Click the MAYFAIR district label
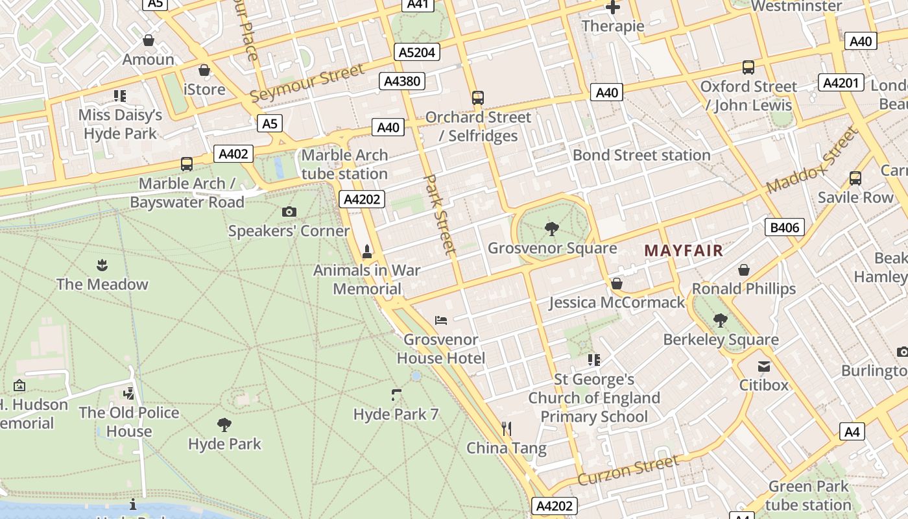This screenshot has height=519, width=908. [683, 250]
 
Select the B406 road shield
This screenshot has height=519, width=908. [785, 227]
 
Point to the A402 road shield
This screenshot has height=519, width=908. [233, 154]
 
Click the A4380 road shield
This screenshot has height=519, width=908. [402, 81]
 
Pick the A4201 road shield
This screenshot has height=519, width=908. [841, 82]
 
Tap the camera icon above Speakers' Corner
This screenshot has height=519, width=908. [289, 211]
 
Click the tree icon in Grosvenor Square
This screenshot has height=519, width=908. [552, 228]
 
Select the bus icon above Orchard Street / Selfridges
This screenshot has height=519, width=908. [478, 98]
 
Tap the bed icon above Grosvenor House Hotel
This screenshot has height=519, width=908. [441, 320]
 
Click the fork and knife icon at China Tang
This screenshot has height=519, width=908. [507, 428]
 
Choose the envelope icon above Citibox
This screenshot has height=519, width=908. [764, 366]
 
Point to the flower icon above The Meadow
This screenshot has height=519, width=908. [102, 265]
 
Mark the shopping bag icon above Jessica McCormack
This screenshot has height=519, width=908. [617, 284]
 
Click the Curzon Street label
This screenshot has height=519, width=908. [628, 470]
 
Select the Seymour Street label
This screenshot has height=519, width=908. [307, 83]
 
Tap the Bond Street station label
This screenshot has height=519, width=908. [641, 155]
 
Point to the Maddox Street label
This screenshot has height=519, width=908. [812, 160]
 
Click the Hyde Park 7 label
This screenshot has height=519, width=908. [396, 414]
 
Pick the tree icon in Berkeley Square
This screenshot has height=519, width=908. [720, 320]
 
